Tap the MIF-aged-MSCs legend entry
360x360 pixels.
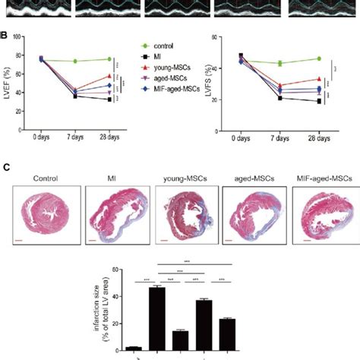[x=182, y=90]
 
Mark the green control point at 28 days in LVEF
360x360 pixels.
[x=109, y=59]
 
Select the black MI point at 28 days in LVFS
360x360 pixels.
[x=318, y=101]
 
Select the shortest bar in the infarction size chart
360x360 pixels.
[x=134, y=347]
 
